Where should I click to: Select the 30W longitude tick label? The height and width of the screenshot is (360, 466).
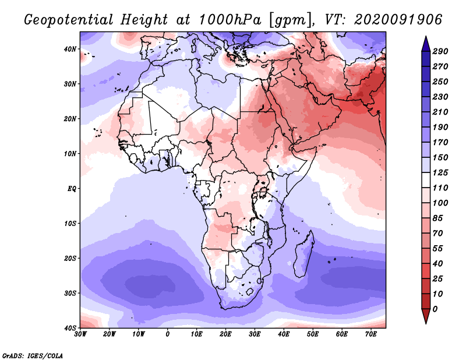pos(80,334)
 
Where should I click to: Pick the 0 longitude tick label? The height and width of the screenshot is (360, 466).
pos(168,334)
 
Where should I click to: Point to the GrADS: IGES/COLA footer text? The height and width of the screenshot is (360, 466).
pos(33,355)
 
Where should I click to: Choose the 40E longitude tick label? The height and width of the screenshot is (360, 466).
pos(284,334)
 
